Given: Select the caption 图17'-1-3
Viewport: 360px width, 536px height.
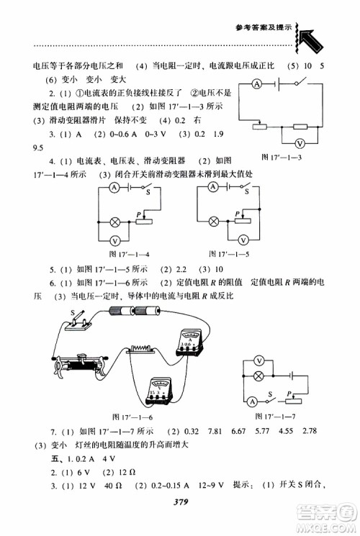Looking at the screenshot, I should pos(281,158).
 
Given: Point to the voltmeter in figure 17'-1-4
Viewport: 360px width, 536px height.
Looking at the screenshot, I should pos(113,240).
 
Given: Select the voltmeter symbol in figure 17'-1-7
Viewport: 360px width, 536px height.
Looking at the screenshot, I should pos(259,361).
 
